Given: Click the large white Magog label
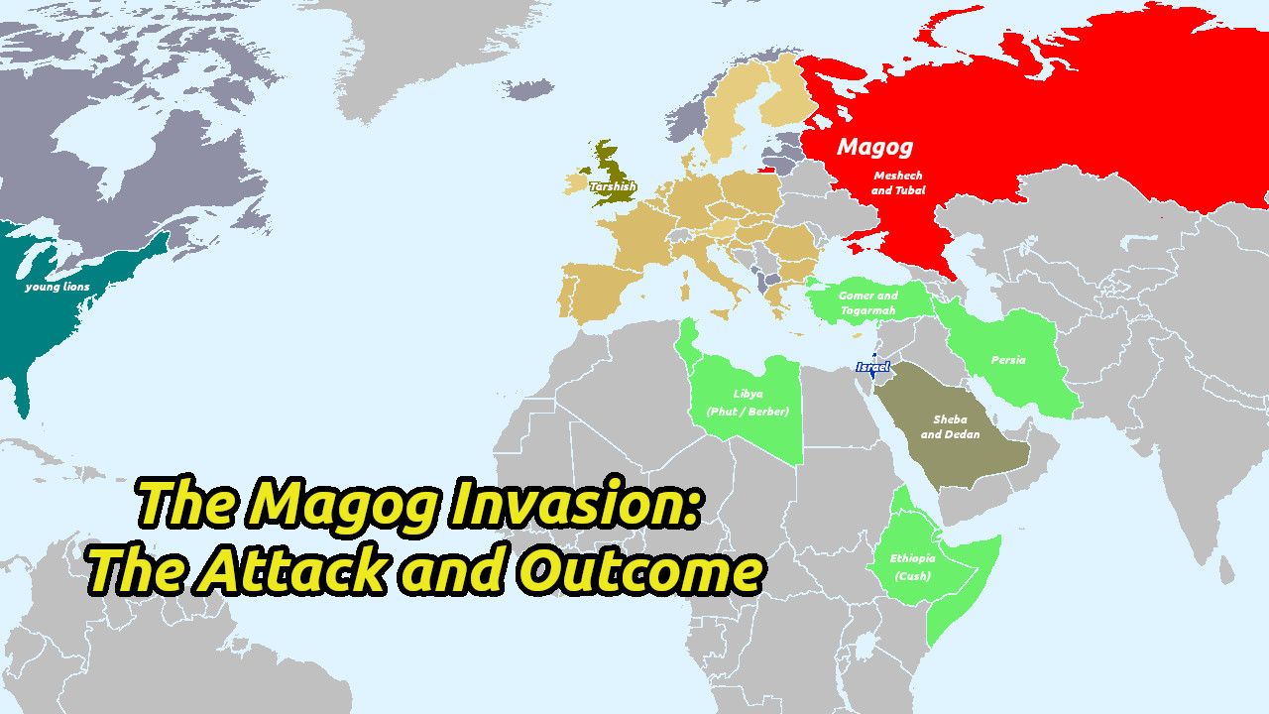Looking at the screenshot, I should pyautogui.click(x=873, y=147).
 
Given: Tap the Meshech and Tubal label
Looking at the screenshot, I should pyautogui.click(x=898, y=182).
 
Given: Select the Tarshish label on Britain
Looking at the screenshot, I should pyautogui.click(x=613, y=185).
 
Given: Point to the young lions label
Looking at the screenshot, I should pyautogui.click(x=58, y=287).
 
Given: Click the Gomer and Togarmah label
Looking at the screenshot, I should pyautogui.click(x=867, y=302).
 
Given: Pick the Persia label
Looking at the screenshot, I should pyautogui.click(x=1008, y=360).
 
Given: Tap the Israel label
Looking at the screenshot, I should pyautogui.click(x=872, y=367).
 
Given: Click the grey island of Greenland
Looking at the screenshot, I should pyautogui.click(x=416, y=50).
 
